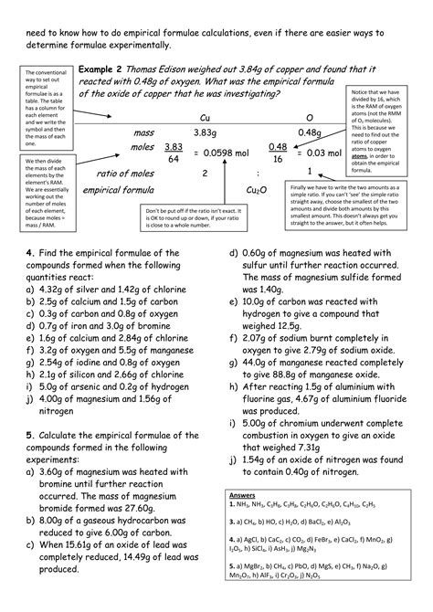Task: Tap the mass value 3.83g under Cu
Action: pyautogui.click(x=205, y=132)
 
